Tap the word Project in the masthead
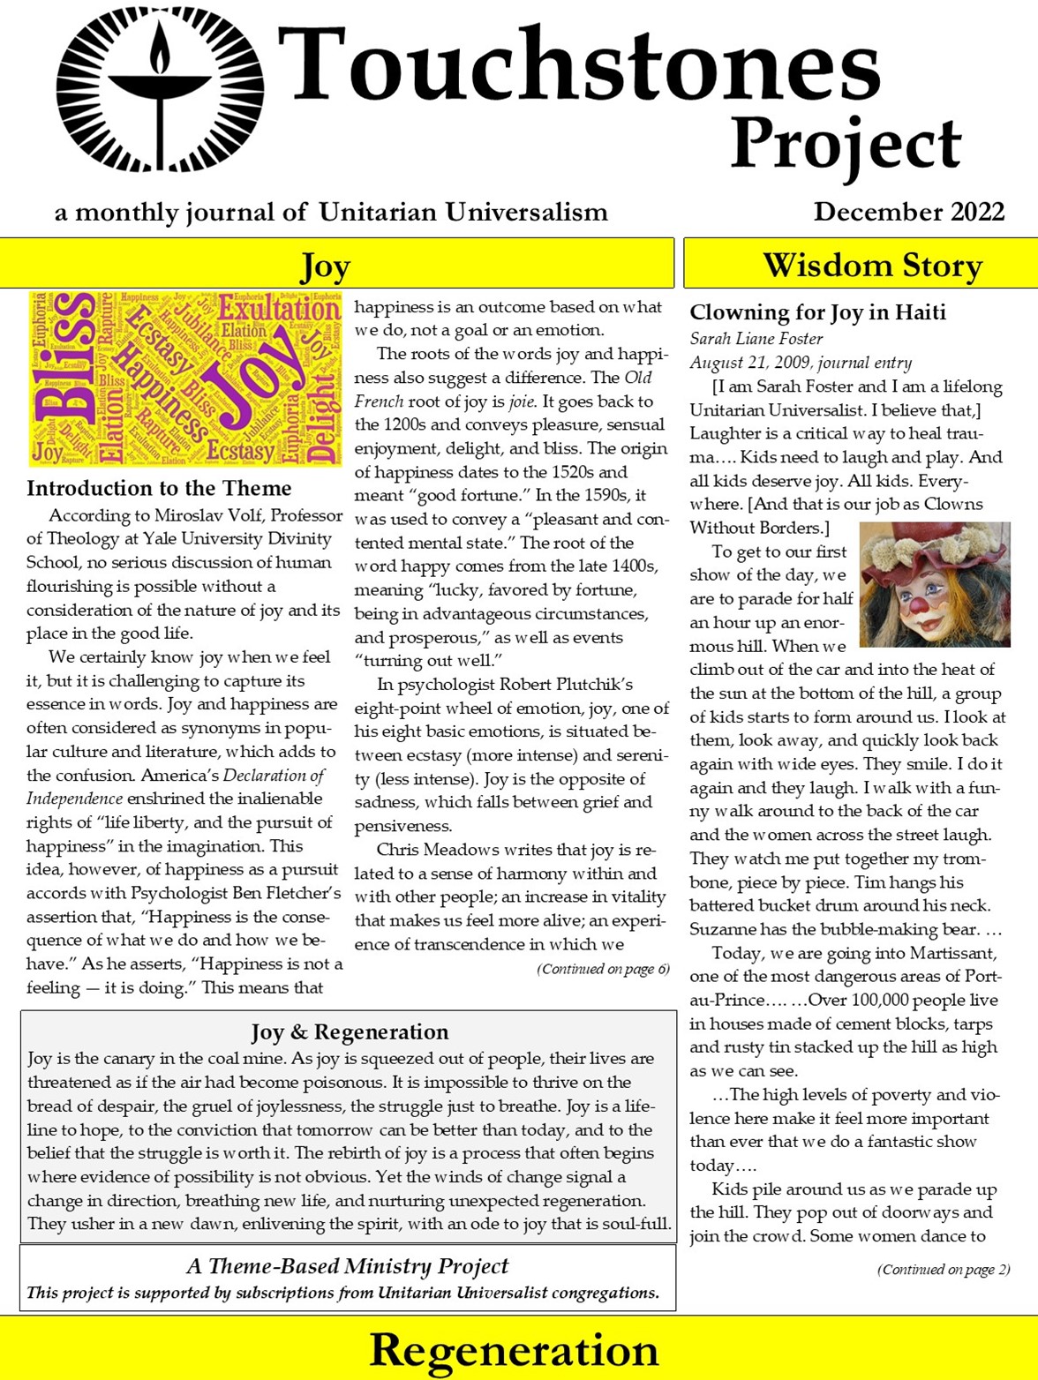click(x=845, y=144)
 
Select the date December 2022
click(x=908, y=213)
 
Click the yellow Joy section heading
click(x=326, y=265)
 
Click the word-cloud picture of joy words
click(x=184, y=379)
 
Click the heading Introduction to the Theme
click(x=159, y=489)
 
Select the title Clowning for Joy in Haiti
click(x=817, y=312)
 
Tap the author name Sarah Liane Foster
click(x=756, y=339)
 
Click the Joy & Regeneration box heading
click(x=350, y=1031)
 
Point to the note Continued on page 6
click(x=603, y=970)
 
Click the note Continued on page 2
click(x=943, y=1270)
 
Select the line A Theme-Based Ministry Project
click(x=348, y=1266)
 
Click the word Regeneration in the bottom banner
click(x=514, y=1350)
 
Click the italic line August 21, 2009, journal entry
click(x=801, y=363)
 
